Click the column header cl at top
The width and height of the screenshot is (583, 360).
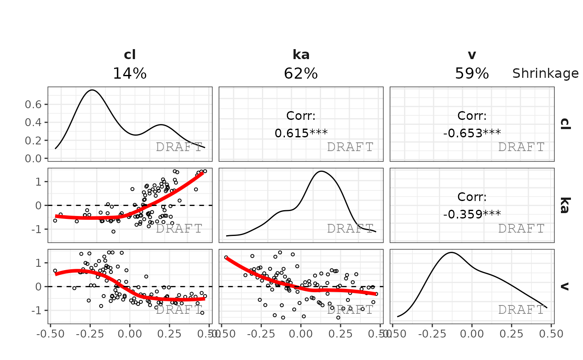(130, 55)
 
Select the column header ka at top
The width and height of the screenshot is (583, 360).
(301, 55)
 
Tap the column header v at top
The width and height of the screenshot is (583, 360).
(472, 55)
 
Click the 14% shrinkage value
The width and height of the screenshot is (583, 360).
(130, 74)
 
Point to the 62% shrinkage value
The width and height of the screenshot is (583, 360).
(301, 74)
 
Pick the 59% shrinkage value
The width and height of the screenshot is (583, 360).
(472, 74)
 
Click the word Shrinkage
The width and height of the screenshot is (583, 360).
(545, 74)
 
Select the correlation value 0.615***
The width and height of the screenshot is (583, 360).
(301, 133)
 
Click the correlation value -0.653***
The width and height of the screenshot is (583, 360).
(472, 133)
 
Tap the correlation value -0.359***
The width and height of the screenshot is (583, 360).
(472, 214)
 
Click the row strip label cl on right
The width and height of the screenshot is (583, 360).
(565, 124)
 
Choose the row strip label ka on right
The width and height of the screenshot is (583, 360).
(565, 205)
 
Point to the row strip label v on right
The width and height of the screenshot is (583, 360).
(565, 286)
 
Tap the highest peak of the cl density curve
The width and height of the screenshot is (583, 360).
(92, 90)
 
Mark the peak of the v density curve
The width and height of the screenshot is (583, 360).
(451, 252)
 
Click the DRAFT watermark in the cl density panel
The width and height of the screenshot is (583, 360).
(179, 147)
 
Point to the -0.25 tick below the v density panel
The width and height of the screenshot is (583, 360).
(432, 334)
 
